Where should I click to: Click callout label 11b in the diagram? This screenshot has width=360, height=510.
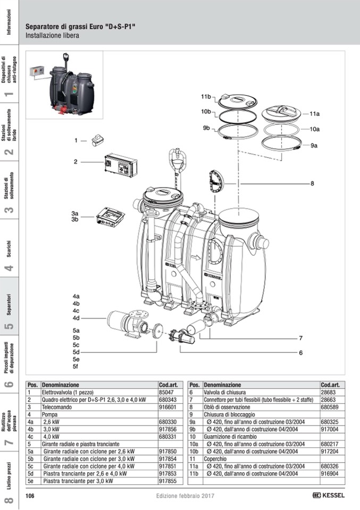pos(206,97)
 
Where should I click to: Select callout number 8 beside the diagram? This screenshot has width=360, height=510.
pos(312,183)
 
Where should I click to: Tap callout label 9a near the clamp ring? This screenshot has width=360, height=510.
pos(314,145)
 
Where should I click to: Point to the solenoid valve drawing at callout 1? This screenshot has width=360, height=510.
pos(97,140)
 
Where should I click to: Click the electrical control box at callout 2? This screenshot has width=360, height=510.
pos(121,165)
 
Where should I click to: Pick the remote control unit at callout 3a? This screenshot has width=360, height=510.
pos(110,216)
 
